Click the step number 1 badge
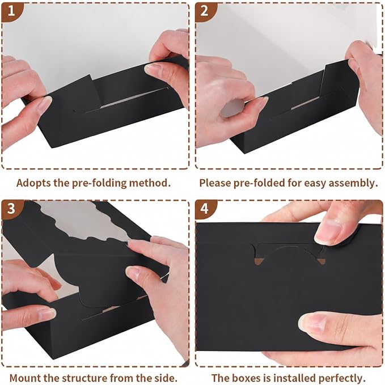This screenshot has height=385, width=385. click(x=10, y=11)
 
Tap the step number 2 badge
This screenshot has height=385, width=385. click(x=204, y=11)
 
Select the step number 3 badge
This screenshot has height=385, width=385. click(x=10, y=209)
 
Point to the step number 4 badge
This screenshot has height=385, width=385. click(x=204, y=209)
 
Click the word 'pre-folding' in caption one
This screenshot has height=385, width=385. click(x=100, y=183)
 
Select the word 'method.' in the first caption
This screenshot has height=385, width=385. click(x=150, y=183)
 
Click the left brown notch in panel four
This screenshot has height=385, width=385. click(x=258, y=261)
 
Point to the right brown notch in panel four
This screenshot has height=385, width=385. click(x=321, y=261)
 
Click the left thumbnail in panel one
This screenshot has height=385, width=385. click(x=45, y=104)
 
